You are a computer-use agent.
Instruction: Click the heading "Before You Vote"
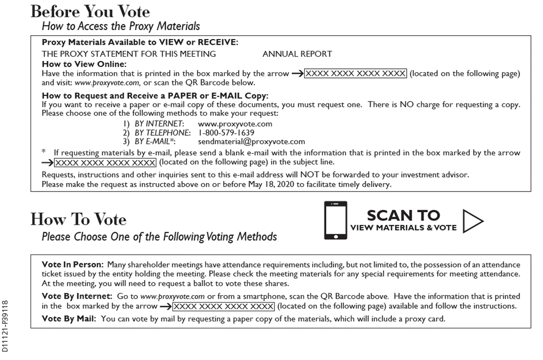pos(90,11)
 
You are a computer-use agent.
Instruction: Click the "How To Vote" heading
pos(78,219)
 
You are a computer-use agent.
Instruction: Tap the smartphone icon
pos(335,221)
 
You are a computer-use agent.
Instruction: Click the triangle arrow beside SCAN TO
pos(472,221)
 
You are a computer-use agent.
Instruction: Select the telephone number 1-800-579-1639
pos(226,133)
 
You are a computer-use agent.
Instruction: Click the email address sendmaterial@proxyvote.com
pos(251,141)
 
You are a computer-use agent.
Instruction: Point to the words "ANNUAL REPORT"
pos(297,54)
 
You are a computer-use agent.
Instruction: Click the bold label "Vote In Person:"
pos(73,264)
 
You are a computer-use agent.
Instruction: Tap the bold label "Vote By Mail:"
pos(70,319)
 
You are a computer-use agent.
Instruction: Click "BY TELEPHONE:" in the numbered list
pos(162,133)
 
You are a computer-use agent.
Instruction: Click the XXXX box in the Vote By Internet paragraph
pos(224,306)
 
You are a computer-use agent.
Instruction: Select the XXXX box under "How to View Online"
pos(355,73)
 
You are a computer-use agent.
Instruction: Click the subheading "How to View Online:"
pos(84,64)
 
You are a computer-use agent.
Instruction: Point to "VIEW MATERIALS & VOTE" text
pos(403,228)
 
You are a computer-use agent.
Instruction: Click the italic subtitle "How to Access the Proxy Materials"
pos(121,26)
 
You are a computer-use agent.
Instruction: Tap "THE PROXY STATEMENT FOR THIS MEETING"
pos(129,54)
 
